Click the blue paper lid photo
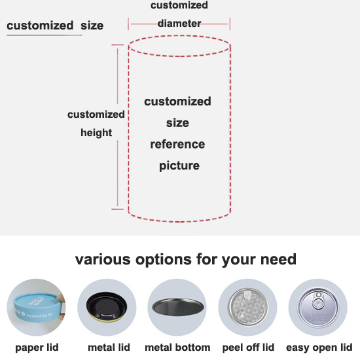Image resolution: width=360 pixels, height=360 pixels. (x=36, y=307)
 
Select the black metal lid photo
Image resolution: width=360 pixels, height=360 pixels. (x=107, y=307)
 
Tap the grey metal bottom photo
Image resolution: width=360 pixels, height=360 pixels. (x=177, y=307)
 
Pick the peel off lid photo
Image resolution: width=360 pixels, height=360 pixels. (x=247, y=307)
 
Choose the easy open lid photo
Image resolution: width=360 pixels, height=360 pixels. (x=318, y=307)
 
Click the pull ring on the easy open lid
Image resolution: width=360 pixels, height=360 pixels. (x=318, y=302)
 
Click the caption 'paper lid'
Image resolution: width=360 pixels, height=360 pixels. (x=37, y=348)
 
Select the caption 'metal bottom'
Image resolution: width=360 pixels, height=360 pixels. (x=177, y=348)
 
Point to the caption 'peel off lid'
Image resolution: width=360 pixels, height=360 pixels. (x=248, y=348)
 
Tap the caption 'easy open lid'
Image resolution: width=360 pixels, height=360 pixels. (x=319, y=348)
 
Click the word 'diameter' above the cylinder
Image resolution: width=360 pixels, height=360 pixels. (x=179, y=24)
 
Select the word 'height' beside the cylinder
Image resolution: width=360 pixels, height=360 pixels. (x=96, y=133)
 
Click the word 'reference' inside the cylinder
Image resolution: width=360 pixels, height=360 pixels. (x=177, y=145)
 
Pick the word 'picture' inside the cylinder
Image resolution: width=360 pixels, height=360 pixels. (x=179, y=166)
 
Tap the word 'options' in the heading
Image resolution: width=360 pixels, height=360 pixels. (x=163, y=260)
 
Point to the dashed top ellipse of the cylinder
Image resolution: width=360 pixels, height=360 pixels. (x=179, y=35)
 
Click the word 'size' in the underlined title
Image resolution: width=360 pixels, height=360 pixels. (x=92, y=26)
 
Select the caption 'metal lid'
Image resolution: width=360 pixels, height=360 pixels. (x=109, y=348)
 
